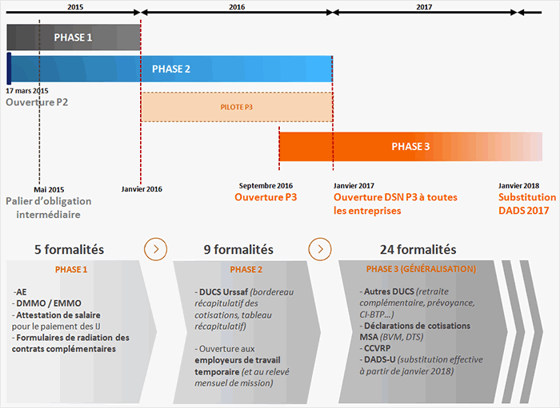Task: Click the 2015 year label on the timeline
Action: click(x=75, y=6)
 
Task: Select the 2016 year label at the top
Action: click(x=237, y=6)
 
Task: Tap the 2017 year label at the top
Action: click(x=424, y=6)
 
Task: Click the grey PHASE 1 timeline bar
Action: click(x=74, y=38)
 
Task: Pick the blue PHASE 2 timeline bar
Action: click(x=170, y=69)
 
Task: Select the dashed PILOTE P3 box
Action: click(x=237, y=107)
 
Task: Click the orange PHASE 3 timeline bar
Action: click(x=410, y=146)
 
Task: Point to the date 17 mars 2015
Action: click(x=27, y=91)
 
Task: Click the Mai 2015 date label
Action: click(x=49, y=189)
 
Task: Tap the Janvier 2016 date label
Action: click(x=142, y=189)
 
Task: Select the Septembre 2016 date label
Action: click(x=266, y=186)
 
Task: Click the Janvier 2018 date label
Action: click(x=519, y=186)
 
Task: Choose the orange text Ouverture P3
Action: click(x=266, y=197)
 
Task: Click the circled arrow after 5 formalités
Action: click(x=156, y=249)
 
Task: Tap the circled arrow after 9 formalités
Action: click(x=320, y=249)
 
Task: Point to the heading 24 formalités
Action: click(x=418, y=249)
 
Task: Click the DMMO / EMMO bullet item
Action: click(x=46, y=303)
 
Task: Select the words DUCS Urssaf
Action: click(x=223, y=292)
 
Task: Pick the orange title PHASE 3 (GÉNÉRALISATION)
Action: click(x=421, y=269)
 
